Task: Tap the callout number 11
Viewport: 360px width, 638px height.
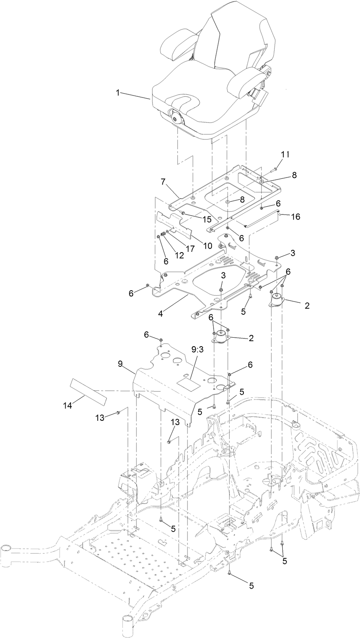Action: pyautogui.click(x=285, y=154)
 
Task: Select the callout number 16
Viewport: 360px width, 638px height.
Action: pyautogui.click(x=296, y=216)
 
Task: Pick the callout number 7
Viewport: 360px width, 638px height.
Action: pyautogui.click(x=163, y=181)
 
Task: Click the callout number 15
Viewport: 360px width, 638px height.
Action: pyautogui.click(x=206, y=219)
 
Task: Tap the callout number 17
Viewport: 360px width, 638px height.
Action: pyautogui.click(x=190, y=249)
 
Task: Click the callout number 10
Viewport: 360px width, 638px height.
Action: pyautogui.click(x=207, y=246)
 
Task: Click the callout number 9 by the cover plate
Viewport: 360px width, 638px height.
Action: pyautogui.click(x=120, y=364)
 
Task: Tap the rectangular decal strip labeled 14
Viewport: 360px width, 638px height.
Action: pyautogui.click(x=88, y=390)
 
